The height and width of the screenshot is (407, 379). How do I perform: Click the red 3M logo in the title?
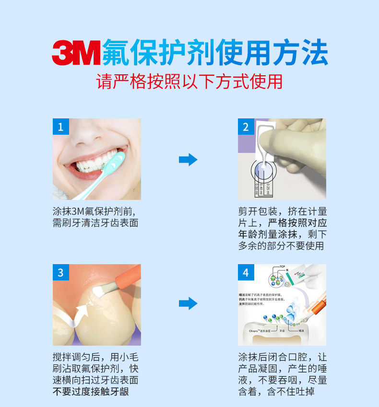[76, 53]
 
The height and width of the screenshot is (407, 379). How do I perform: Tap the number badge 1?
[60, 127]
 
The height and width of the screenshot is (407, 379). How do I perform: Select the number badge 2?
[246, 127]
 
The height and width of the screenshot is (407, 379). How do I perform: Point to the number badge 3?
[60, 273]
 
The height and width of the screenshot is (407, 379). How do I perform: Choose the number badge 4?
[246, 273]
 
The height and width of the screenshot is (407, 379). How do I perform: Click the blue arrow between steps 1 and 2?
[188, 160]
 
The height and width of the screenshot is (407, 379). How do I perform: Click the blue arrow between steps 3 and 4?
[188, 303]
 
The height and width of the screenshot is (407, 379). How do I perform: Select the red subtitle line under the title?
[189, 81]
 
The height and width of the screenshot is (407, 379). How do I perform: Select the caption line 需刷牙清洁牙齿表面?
[95, 223]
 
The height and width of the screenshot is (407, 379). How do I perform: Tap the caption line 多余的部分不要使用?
[281, 246]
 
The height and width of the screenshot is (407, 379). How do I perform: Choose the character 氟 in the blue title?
[117, 53]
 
